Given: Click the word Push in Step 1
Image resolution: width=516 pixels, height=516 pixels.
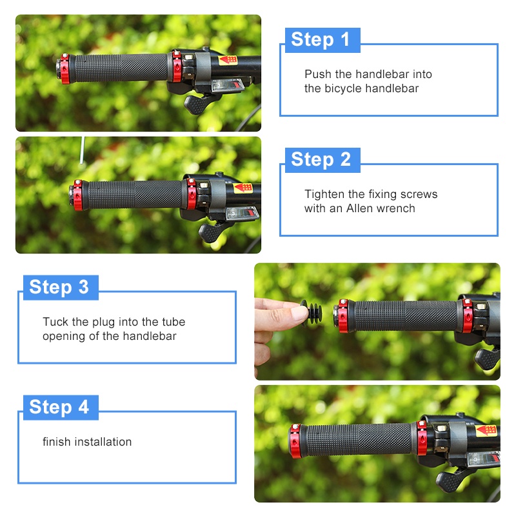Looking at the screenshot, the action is [x=318, y=74].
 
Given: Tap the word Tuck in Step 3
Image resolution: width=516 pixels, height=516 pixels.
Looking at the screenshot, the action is [x=55, y=321].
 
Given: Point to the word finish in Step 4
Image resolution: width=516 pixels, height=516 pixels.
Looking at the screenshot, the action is [x=57, y=442].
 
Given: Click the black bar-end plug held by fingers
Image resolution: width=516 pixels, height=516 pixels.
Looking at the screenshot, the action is [x=312, y=312].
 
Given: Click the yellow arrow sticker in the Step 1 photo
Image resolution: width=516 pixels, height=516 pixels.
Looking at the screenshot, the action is [x=228, y=60].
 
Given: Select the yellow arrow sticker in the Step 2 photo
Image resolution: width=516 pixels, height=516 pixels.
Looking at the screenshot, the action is [x=243, y=188].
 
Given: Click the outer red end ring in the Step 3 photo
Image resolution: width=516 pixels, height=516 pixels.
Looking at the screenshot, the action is [x=342, y=315].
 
